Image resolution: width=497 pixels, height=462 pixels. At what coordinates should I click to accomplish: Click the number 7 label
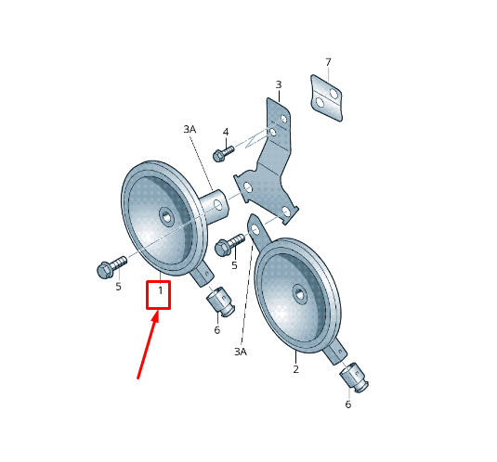[x=328, y=62]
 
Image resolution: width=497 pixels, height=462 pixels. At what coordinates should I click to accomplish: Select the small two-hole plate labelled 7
[x=326, y=97]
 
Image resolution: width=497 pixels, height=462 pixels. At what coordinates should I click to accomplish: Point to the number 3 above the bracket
[x=279, y=84]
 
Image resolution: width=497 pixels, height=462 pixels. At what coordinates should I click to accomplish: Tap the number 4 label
[x=226, y=132]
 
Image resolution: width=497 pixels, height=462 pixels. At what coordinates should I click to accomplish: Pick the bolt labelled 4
[x=223, y=153]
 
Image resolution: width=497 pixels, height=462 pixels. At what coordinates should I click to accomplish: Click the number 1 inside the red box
[x=161, y=290]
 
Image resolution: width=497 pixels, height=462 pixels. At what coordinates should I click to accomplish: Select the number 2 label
[x=295, y=369]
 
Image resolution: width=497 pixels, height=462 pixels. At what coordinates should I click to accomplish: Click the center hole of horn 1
[x=166, y=217]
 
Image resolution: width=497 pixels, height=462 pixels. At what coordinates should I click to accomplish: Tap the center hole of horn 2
[x=299, y=294]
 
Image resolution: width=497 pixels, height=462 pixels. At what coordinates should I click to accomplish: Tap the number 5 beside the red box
[x=118, y=287]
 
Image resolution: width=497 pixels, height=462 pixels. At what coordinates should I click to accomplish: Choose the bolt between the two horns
[x=229, y=245]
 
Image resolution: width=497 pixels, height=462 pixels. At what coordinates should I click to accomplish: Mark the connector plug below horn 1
[x=220, y=302]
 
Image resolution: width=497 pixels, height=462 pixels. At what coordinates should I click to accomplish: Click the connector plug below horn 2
[x=354, y=378]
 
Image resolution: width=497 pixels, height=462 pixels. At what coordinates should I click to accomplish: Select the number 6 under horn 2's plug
[x=348, y=404]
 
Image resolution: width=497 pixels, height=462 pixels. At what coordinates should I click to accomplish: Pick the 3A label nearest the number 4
[x=190, y=129]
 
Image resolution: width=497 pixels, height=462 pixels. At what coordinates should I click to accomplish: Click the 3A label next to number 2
[x=241, y=352]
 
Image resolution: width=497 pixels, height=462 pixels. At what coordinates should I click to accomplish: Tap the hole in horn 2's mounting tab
[x=255, y=229]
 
